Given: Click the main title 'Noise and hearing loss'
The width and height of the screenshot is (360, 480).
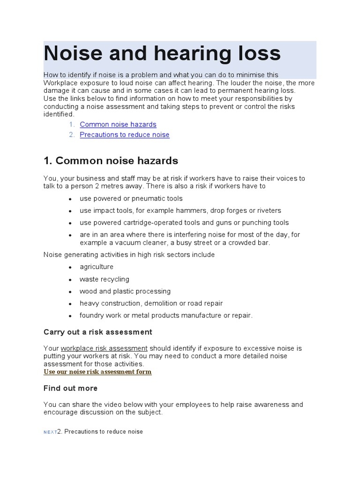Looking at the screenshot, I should pyautogui.click(x=162, y=54).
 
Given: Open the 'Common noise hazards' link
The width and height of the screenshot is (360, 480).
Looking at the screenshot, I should pyautogui.click(x=118, y=124).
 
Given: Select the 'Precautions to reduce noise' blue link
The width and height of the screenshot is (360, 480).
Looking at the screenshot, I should pyautogui.click(x=124, y=135).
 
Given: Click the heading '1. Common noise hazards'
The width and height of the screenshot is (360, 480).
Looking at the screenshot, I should pyautogui.click(x=111, y=161).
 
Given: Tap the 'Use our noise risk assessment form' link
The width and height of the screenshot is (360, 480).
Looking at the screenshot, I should pyautogui.click(x=97, y=372).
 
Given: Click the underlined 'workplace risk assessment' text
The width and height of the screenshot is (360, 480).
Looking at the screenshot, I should pyautogui.click(x=104, y=348).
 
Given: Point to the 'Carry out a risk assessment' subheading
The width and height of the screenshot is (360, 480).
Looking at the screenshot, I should pyautogui.click(x=97, y=332).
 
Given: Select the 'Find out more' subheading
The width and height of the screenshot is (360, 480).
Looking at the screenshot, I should pyautogui.click(x=70, y=388).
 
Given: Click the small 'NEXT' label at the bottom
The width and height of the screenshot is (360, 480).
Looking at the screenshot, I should pyautogui.click(x=50, y=432).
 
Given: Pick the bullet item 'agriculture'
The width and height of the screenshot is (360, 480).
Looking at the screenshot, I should pyautogui.click(x=96, y=267).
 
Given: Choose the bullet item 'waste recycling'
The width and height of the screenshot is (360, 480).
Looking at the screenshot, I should pyautogui.click(x=104, y=279).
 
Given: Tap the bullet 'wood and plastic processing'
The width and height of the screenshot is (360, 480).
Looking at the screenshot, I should pyautogui.click(x=125, y=291).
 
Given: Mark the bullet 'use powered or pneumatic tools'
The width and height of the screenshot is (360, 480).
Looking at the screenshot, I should pyautogui.click(x=131, y=198).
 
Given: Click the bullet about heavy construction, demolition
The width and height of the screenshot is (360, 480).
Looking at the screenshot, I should pyautogui.click(x=151, y=303).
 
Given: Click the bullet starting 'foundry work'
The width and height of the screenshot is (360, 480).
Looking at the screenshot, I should pyautogui.click(x=166, y=315).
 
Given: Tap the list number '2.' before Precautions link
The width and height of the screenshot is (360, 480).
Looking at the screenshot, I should pyautogui.click(x=72, y=135).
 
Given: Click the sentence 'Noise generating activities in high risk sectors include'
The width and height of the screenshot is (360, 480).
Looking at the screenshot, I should pyautogui.click(x=129, y=255).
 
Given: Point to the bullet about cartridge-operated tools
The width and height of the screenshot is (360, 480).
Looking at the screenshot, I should pyautogui.click(x=184, y=223).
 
